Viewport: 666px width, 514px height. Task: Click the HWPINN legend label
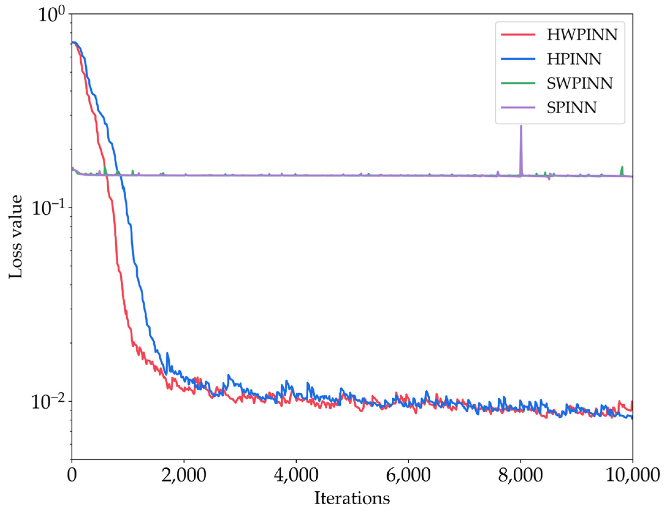(582, 35)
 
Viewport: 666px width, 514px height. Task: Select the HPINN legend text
(574, 59)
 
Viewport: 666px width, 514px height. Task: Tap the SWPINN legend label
(580, 83)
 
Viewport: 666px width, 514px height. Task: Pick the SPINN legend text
(572, 108)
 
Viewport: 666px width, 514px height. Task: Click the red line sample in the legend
(518, 35)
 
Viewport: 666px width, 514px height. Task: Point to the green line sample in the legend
(518, 83)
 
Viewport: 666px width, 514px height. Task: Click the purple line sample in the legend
(518, 108)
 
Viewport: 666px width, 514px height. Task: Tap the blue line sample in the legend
(518, 59)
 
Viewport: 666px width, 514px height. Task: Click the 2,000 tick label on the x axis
(184, 476)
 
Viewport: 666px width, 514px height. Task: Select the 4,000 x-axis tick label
(296, 476)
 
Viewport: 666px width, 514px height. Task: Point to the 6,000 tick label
(408, 476)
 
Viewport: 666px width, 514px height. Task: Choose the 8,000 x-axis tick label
(520, 476)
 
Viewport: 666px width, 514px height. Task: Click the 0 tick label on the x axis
(72, 476)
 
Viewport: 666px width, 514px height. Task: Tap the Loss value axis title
(15, 236)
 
